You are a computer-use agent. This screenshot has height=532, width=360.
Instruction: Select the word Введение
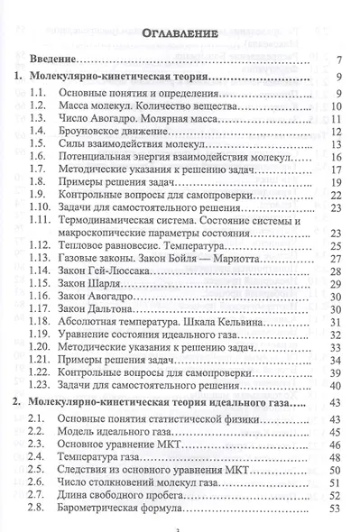pos(57,59)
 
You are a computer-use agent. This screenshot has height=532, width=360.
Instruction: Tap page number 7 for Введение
pos(336,60)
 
